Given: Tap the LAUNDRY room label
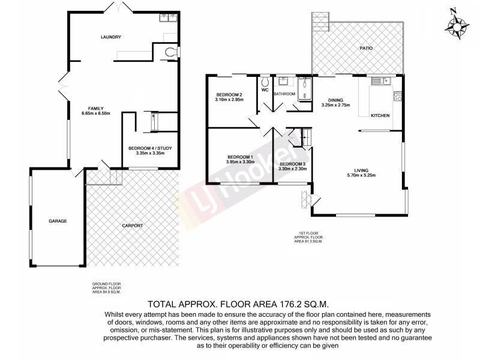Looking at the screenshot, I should [x=110, y=37].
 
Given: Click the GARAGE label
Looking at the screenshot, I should [x=58, y=221].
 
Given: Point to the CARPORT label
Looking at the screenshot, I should [x=133, y=226].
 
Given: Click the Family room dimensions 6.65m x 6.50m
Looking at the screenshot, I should [x=96, y=113].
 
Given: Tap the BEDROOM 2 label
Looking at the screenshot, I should [x=229, y=95].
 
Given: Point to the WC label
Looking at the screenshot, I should [x=264, y=90].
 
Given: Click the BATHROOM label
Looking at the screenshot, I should [x=284, y=94].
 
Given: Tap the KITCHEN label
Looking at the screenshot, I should [x=380, y=115].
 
